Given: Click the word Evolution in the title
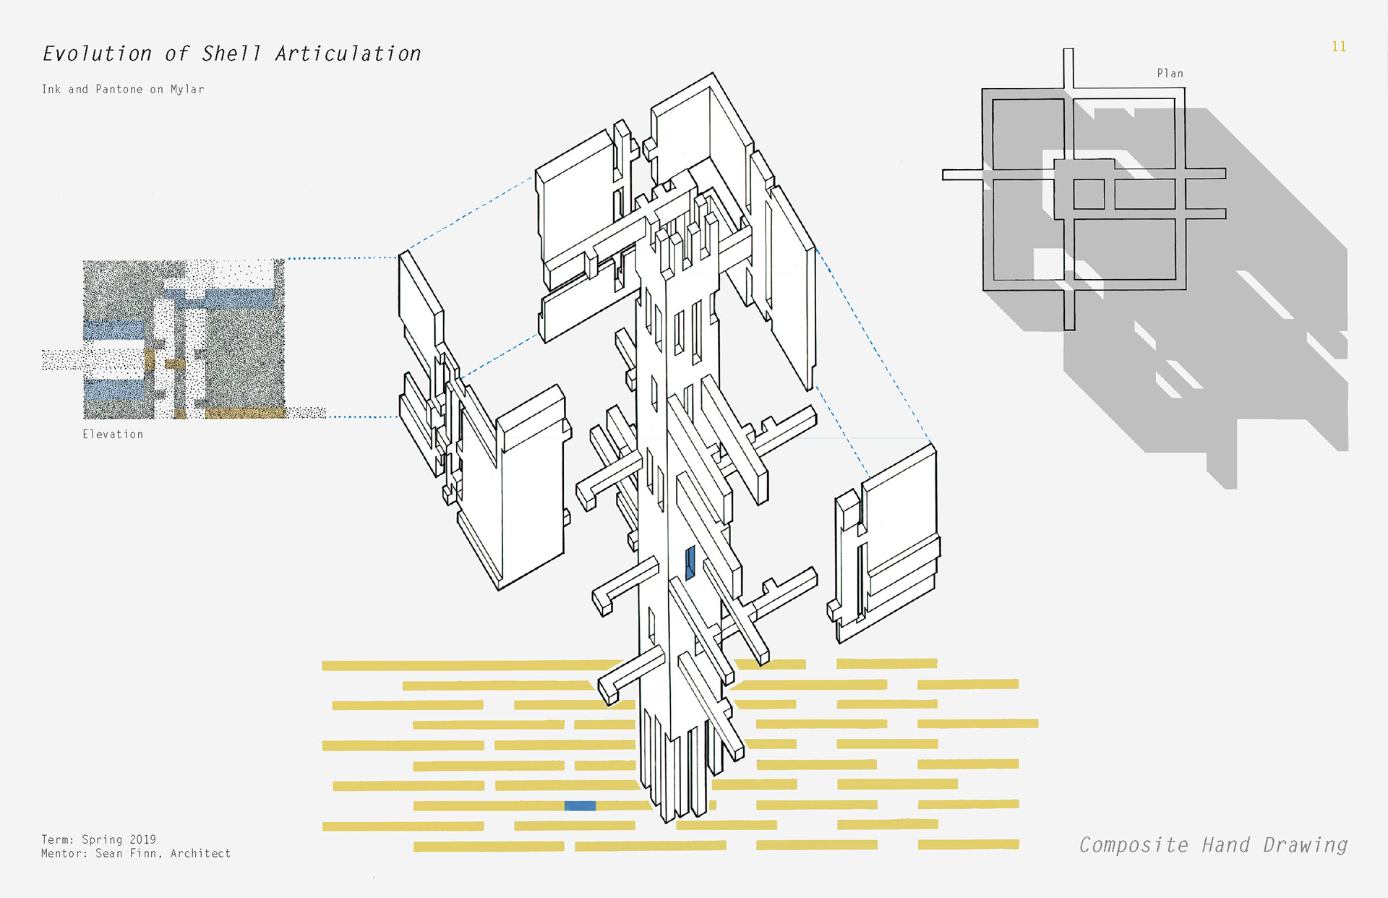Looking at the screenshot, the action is tap(97, 54).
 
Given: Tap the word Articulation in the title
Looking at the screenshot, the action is tap(348, 54).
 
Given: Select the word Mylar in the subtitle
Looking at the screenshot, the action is tap(187, 90).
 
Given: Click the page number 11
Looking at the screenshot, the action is tap(1339, 47).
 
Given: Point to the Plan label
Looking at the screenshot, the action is tap(1170, 74).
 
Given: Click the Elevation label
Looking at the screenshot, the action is tap(113, 435).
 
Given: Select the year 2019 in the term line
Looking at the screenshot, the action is tap(142, 839).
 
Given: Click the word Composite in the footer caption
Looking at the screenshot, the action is tap(1134, 845).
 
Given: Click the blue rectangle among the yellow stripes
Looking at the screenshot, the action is tap(580, 805).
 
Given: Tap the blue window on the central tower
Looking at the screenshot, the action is tap(690, 563).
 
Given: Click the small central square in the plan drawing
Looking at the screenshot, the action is tap(1089, 194).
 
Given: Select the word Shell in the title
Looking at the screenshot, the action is tap(231, 54).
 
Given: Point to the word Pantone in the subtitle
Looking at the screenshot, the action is tap(119, 90).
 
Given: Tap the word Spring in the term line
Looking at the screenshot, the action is tap(102, 839).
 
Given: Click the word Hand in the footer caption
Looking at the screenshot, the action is tap(1225, 845).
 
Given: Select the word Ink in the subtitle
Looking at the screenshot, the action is tap(51, 90).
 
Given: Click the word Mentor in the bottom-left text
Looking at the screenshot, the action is tap(62, 854).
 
